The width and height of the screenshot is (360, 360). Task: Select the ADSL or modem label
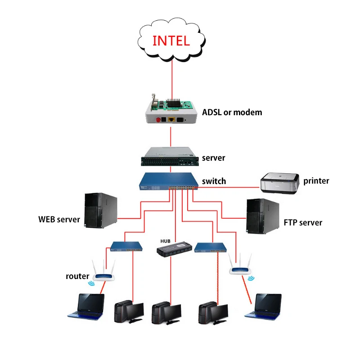(x=232, y=112)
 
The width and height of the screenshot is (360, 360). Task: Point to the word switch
(x=214, y=181)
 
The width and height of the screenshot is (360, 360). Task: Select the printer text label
(x=316, y=181)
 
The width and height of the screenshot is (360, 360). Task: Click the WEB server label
(x=59, y=220)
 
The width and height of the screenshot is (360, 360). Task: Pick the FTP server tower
(x=262, y=216)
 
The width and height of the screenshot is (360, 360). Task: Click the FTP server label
(x=303, y=222)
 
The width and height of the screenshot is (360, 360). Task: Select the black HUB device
(x=174, y=249)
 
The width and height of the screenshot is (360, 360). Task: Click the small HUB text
(x=166, y=241)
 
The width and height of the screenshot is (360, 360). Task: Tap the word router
(x=77, y=276)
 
